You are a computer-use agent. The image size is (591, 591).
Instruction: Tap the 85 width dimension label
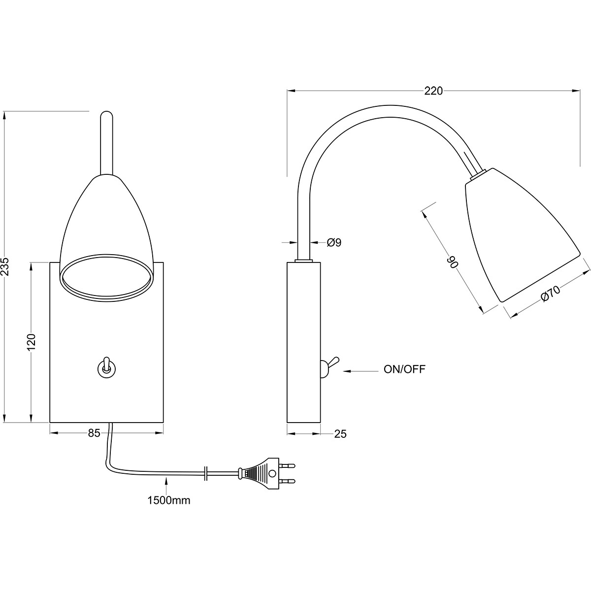click(94, 433)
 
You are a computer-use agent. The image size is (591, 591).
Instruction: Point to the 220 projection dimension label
click(433, 91)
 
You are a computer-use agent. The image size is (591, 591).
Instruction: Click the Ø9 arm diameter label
click(334, 242)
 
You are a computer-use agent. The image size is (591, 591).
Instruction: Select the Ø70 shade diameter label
click(551, 294)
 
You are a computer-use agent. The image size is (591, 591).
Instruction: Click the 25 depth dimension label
click(340, 434)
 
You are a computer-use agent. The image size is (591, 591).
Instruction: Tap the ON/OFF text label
click(404, 369)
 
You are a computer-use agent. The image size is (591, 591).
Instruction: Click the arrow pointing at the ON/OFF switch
click(361, 371)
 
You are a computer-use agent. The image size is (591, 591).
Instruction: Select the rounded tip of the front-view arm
click(106, 114)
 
